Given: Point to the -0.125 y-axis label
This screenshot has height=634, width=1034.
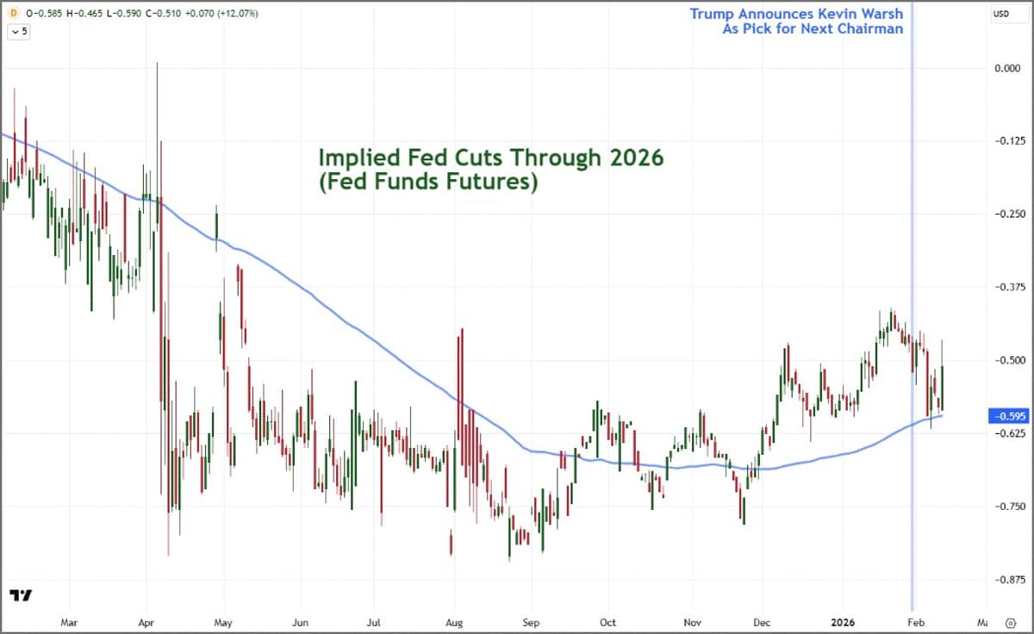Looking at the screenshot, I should pyautogui.click(x=1003, y=140).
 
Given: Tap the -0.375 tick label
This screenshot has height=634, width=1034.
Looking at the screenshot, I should pyautogui.click(x=1003, y=287).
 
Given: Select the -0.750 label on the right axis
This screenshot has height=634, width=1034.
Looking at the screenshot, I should pyautogui.click(x=1003, y=507).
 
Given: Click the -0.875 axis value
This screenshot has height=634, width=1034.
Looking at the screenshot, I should pyautogui.click(x=1003, y=580).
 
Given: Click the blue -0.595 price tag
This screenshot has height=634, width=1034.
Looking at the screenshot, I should pyautogui.click(x=1003, y=416).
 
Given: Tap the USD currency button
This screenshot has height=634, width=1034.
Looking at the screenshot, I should pyautogui.click(x=1001, y=14).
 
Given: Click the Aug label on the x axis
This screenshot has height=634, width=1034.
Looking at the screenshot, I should pyautogui.click(x=455, y=619).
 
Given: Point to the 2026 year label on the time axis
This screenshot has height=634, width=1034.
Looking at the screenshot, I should pyautogui.click(x=839, y=619).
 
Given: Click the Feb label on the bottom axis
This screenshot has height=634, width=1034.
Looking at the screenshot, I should pyautogui.click(x=916, y=619).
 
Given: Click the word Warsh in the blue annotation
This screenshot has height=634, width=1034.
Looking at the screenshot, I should pyautogui.click(x=881, y=14).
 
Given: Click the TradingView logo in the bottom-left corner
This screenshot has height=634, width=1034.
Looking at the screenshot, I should pyautogui.click(x=21, y=596).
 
